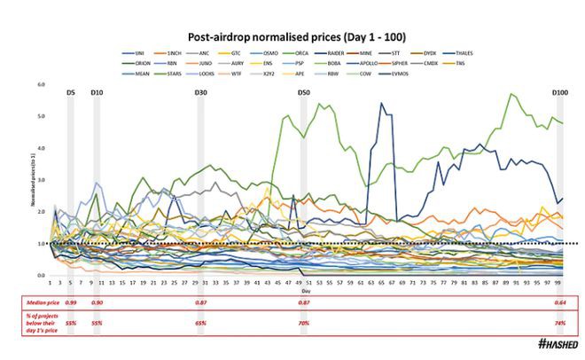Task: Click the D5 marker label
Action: point(71,93)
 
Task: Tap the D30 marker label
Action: point(202,93)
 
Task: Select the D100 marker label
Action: point(559,93)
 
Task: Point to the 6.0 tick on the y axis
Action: point(41,85)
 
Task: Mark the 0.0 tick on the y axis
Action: point(41,276)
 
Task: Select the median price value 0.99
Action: point(71,303)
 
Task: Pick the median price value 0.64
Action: point(559,303)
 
